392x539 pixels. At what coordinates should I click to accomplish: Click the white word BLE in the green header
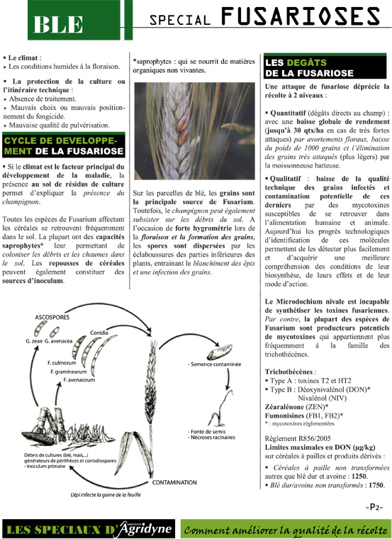pyautogui.click(x=58, y=23)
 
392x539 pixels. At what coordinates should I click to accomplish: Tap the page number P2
pyautogui.click(x=376, y=507)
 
